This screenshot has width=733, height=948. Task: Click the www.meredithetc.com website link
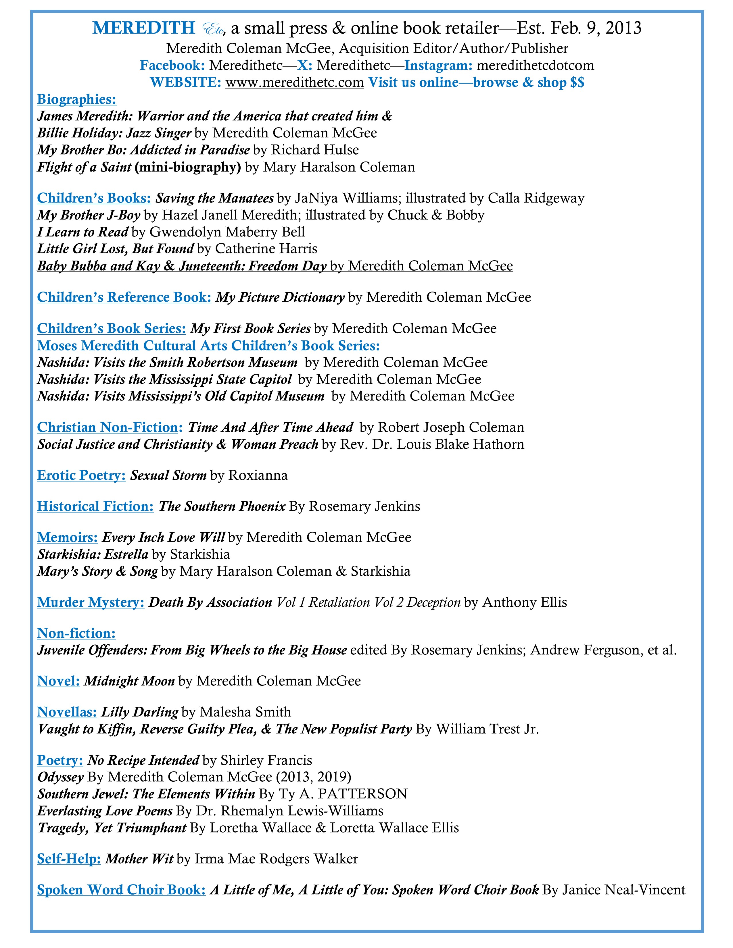click(294, 82)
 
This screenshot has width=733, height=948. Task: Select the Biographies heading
click(76, 99)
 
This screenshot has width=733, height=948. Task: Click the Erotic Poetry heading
click(81, 475)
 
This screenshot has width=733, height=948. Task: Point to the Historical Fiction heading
click(95, 506)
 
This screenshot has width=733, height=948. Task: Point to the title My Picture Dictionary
click(280, 297)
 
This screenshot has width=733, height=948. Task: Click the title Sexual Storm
click(168, 475)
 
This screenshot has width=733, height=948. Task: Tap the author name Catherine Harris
click(266, 249)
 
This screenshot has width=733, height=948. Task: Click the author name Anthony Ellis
click(525, 602)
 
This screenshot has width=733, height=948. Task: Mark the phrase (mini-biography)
click(188, 167)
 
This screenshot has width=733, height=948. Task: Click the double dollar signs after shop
click(577, 82)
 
